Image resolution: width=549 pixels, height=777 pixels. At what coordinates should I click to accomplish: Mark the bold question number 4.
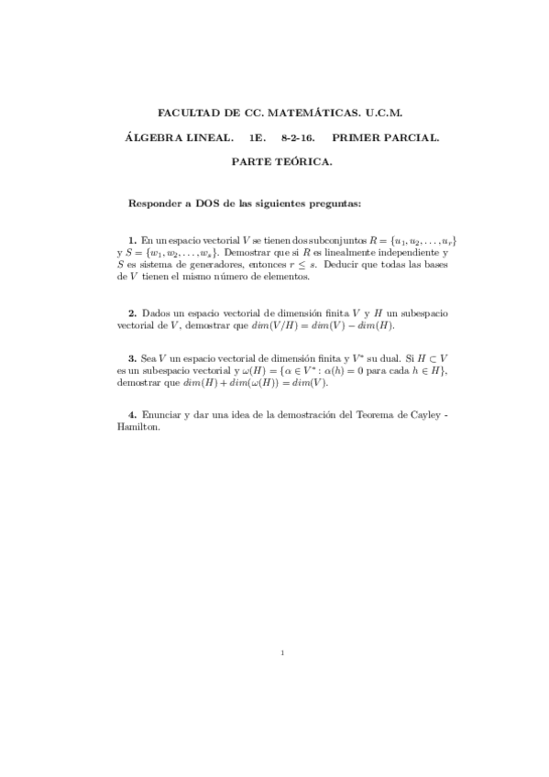click(x=132, y=416)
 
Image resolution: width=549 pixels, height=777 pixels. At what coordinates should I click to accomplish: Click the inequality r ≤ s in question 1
click(x=355, y=263)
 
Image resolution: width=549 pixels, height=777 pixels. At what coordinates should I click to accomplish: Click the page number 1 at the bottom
click(x=283, y=653)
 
